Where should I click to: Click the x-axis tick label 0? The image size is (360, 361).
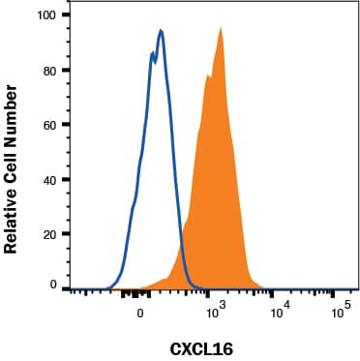pyautogui.click(x=141, y=313)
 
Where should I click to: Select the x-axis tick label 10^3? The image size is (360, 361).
pyautogui.click(x=215, y=311)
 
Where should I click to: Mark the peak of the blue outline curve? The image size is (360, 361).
pyautogui.click(x=161, y=30)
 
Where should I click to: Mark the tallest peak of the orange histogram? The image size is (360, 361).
pyautogui.click(x=222, y=28)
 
